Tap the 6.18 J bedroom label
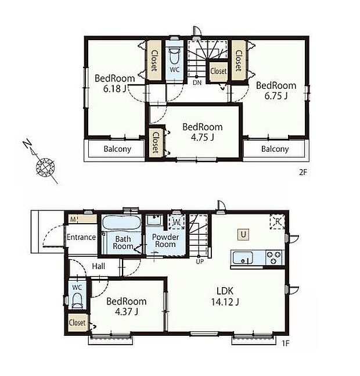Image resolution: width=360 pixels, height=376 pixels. (115, 83)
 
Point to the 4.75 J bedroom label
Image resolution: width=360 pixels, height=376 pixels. (202, 132)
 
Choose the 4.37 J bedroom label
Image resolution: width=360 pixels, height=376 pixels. (126, 306)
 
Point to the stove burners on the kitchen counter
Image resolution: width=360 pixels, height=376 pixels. (273, 257)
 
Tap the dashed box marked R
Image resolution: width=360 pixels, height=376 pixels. (276, 222)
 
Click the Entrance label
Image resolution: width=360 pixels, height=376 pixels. (81, 237)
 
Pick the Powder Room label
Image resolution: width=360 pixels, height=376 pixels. (164, 241)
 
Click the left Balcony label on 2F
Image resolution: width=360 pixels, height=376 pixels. (117, 149)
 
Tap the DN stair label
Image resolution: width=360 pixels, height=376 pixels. (197, 83)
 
